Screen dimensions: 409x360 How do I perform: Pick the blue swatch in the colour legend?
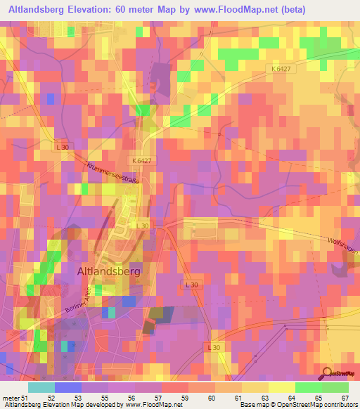coord(67,387)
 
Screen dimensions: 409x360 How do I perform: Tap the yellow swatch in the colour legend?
coord(282,387)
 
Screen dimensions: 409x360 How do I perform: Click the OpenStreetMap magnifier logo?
coord(327,375)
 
